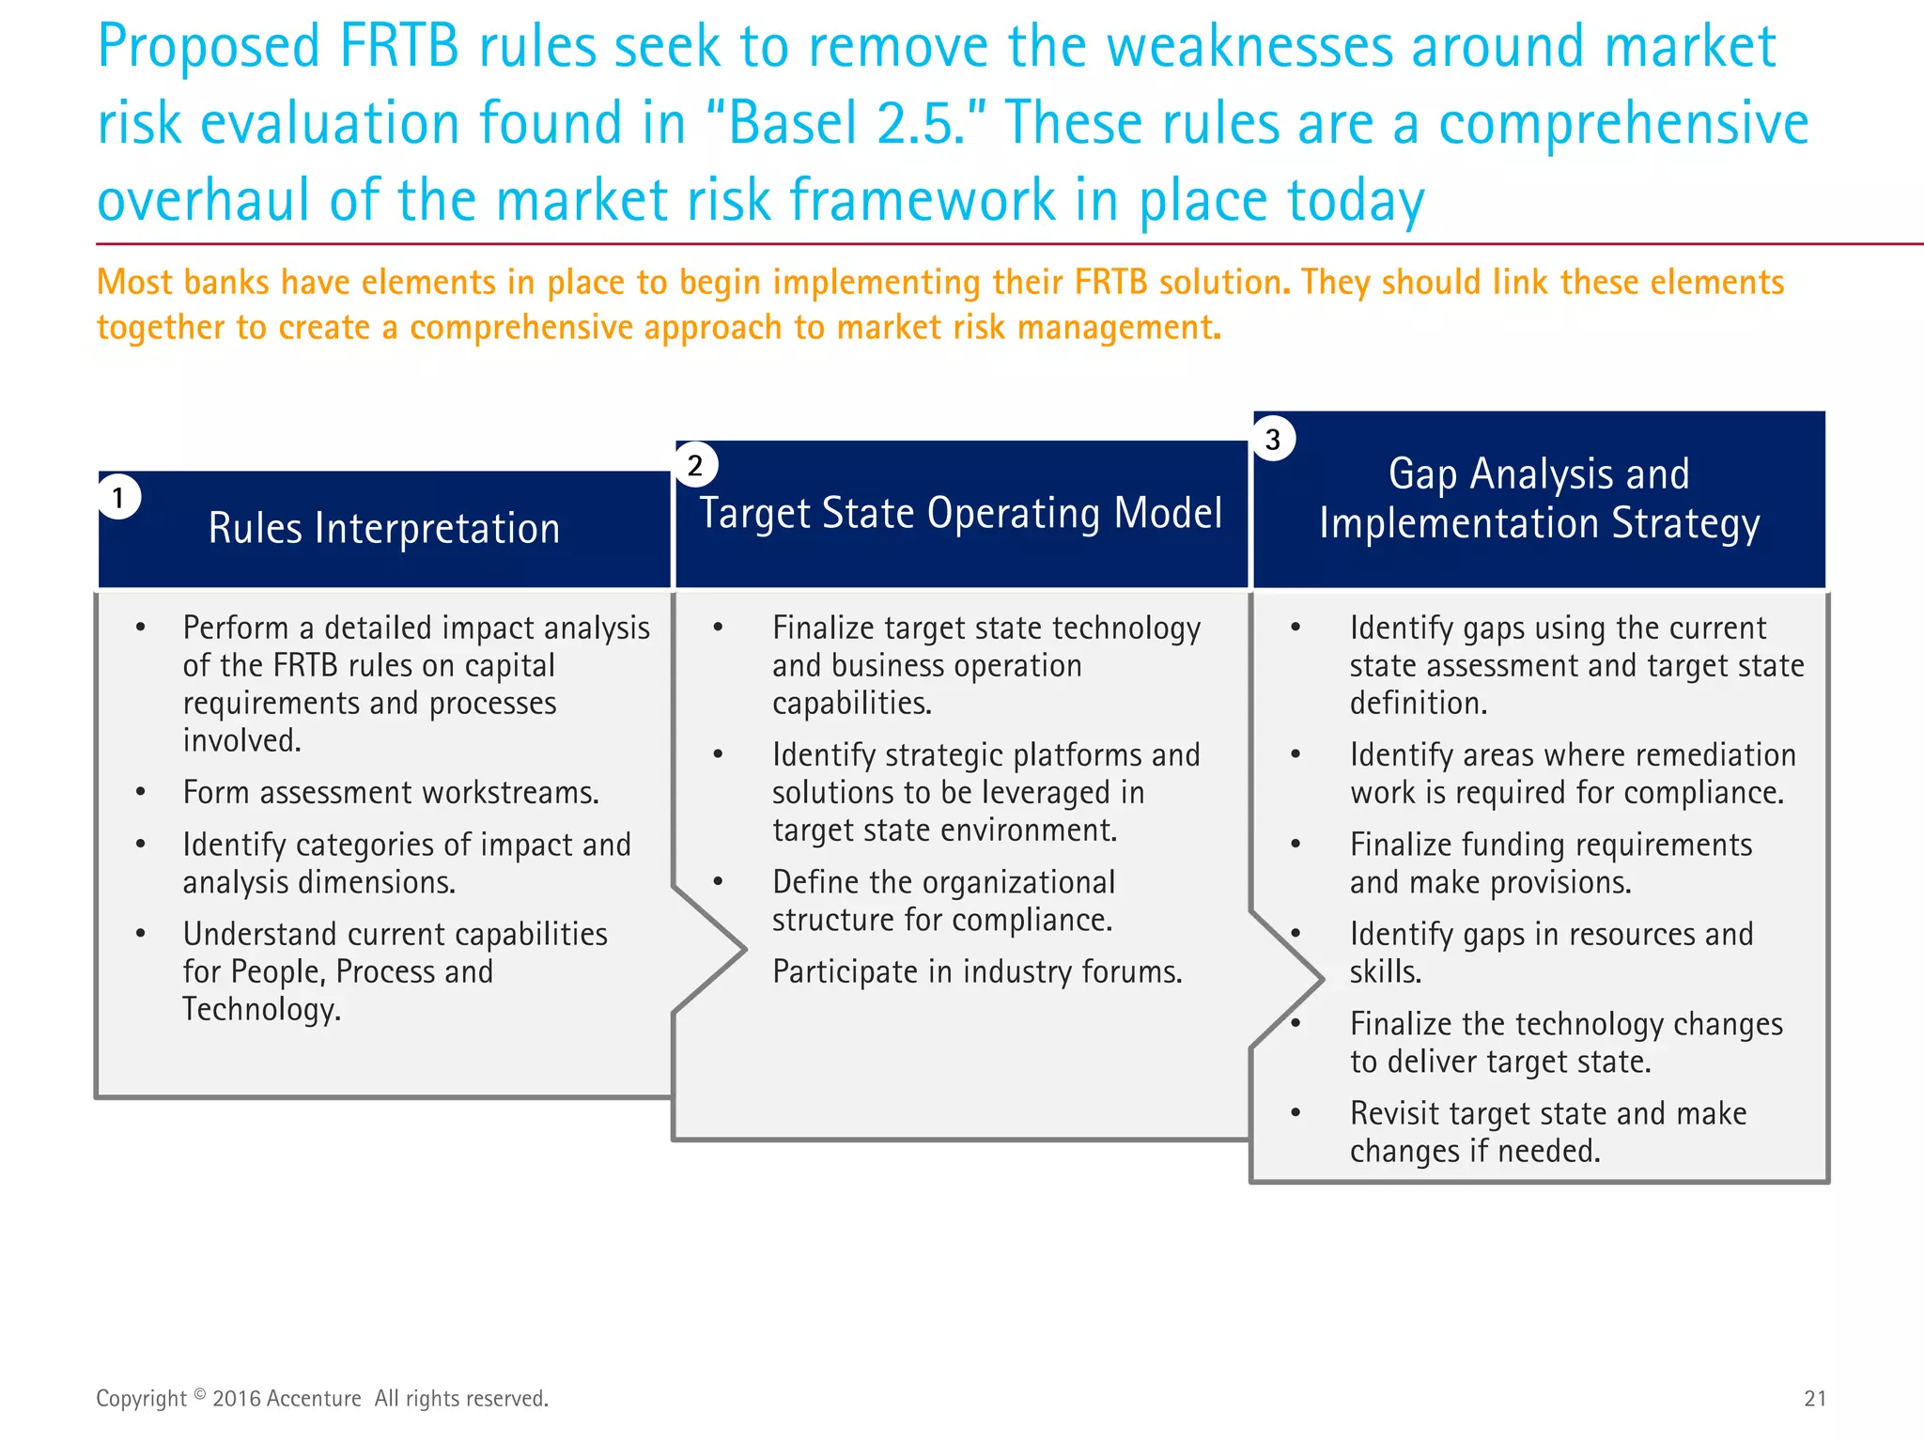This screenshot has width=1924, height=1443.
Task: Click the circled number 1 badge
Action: coord(119,497)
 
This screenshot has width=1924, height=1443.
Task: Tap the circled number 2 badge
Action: coord(696,465)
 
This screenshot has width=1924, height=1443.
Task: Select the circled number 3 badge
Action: coord(1274,439)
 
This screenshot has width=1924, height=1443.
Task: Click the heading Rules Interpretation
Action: coord(384,528)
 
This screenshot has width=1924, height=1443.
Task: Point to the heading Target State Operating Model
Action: coord(960,514)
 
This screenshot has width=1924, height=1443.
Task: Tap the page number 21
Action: coord(1815,1398)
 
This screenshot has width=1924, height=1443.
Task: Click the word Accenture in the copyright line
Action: coord(313,1398)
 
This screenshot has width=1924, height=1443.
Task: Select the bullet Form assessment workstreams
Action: coord(391,793)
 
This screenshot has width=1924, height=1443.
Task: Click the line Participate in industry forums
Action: coord(977,971)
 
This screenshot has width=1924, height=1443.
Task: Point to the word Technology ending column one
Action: coord(260,1010)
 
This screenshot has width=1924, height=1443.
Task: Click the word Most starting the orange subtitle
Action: coord(134,283)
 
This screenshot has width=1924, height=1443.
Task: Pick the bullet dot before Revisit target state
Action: coord(1296,1113)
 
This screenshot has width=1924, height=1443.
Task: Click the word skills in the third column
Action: coord(1384,972)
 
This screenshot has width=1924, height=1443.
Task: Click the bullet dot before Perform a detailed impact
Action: coord(141,628)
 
